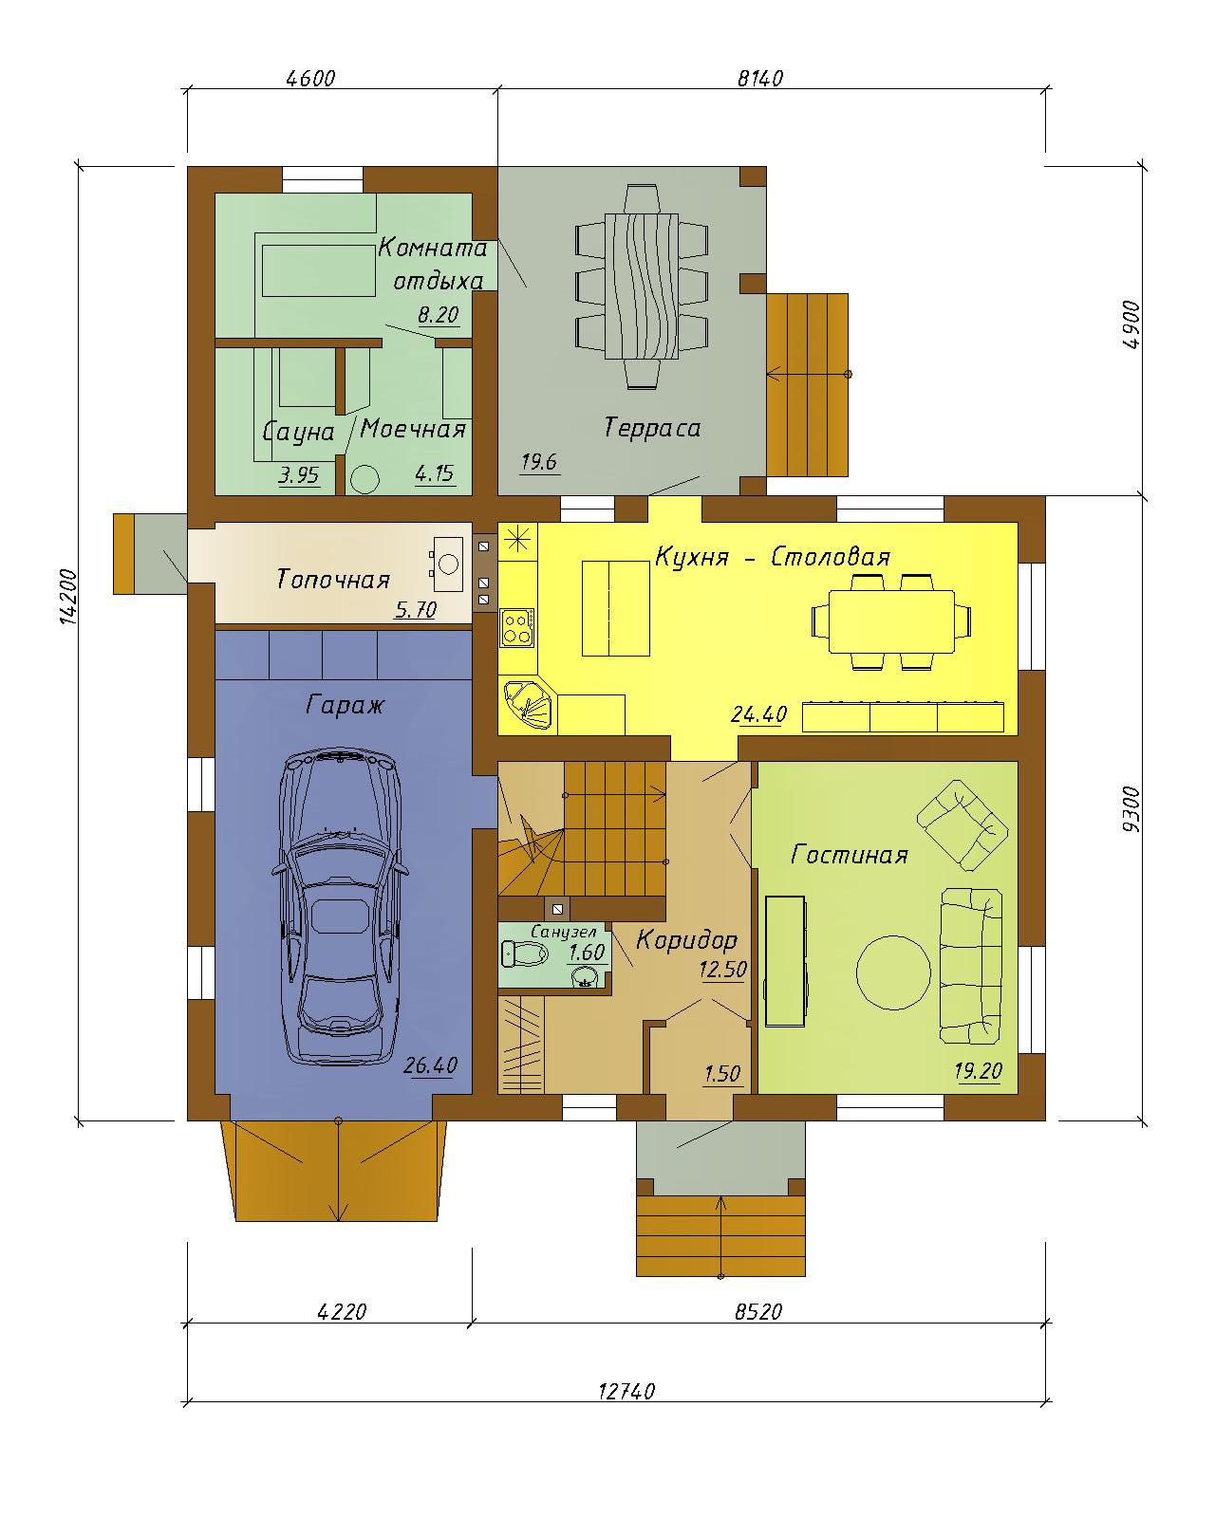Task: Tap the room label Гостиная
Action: tap(850, 855)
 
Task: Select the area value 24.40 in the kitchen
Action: tap(759, 714)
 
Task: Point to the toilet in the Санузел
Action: tap(525, 954)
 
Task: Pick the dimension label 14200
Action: tap(68, 596)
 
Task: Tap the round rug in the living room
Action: tap(893, 972)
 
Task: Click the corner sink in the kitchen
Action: tap(530, 703)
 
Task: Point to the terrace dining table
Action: tap(642, 287)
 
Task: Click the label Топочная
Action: tap(332, 580)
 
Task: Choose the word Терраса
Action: tap(651, 428)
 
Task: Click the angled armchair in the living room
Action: tap(962, 824)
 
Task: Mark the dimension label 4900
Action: tap(1131, 324)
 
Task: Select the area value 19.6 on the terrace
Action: tap(539, 463)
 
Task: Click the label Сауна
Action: tap(298, 432)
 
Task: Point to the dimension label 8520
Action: tap(758, 1312)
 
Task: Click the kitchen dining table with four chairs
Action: tap(891, 621)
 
